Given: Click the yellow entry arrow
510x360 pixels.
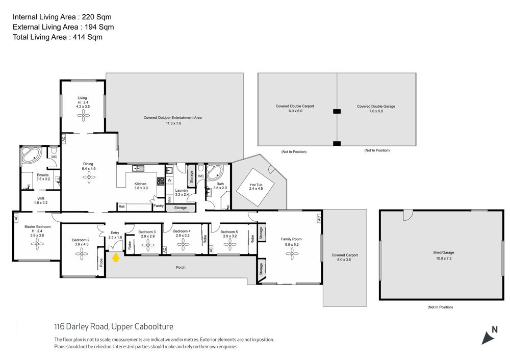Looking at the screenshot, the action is (x=116, y=258).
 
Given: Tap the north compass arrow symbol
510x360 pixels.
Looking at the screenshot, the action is (x=488, y=338).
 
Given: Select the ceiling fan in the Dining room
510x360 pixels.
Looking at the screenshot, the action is (x=89, y=177).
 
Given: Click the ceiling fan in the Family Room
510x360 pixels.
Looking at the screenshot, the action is (x=292, y=253).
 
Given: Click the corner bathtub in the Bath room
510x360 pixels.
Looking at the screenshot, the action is (x=215, y=173).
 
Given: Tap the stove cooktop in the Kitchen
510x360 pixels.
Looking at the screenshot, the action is (x=161, y=181).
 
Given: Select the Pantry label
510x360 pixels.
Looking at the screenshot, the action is (x=159, y=206).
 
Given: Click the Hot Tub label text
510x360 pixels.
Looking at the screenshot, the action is (x=257, y=185).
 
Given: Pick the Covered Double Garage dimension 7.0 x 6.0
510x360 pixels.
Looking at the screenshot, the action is (x=376, y=111).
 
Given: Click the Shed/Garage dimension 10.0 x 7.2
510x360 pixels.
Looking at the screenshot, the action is (x=444, y=259).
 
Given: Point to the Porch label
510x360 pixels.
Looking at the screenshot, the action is (x=181, y=267).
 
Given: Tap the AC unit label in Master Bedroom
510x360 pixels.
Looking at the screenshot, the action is (x=16, y=217).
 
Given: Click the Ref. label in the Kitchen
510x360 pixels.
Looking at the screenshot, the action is (x=122, y=207).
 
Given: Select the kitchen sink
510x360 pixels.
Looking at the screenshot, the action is (x=138, y=168).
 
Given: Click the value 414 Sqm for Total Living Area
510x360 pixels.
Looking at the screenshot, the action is (x=88, y=37).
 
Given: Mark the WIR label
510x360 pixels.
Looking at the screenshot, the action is (x=41, y=198).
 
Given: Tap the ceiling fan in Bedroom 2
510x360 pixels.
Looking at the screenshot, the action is (x=82, y=254).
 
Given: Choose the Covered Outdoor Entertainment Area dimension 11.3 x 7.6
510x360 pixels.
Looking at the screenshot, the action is (x=173, y=123).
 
